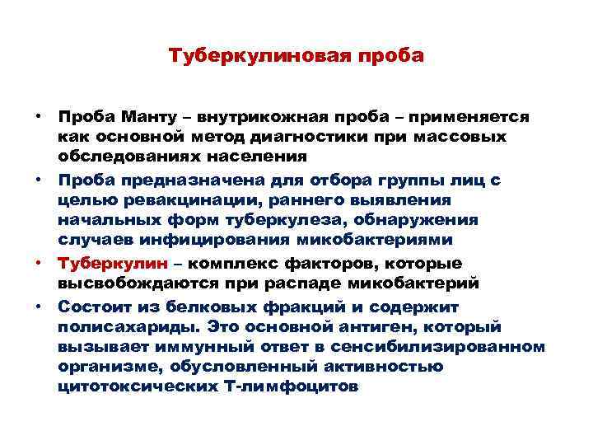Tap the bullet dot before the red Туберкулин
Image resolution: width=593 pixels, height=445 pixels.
tap(40, 262)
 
